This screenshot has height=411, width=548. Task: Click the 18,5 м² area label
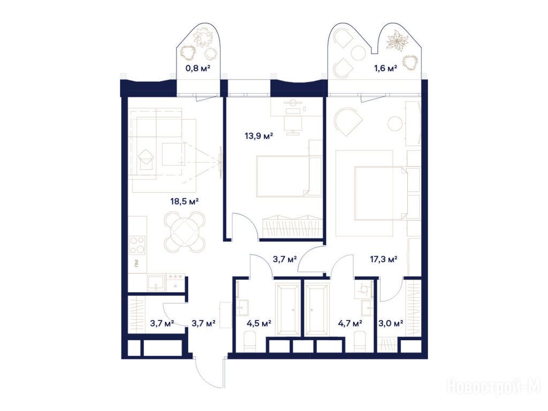[x=185, y=201]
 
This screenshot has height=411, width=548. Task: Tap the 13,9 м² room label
[x=258, y=136]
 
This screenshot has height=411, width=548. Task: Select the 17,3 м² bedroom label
[x=383, y=260]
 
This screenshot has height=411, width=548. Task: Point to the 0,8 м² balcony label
[x=197, y=68]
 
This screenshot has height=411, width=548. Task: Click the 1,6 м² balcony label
[x=385, y=68]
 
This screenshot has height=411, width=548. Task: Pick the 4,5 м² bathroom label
[x=259, y=323]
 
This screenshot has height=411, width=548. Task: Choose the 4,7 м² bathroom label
[x=350, y=323]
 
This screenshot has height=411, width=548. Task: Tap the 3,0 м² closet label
[x=391, y=323]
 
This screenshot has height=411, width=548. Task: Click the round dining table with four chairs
[x=185, y=232]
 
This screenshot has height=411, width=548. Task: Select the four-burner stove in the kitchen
[x=138, y=245]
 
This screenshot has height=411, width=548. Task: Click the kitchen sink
[x=156, y=283]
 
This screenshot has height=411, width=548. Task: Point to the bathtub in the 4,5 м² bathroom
[x=287, y=310]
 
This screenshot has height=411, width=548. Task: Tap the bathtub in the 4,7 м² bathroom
[x=317, y=310]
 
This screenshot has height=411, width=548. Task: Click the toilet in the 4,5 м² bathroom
[x=250, y=342]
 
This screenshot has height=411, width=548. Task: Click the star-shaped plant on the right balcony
[x=397, y=40]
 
